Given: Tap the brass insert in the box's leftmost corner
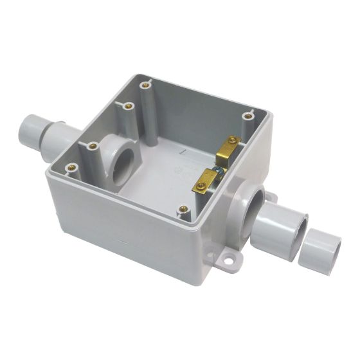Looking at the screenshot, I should [x=71, y=168].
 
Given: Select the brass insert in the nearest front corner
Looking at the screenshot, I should [x=184, y=208].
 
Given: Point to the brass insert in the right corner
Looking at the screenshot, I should [x=249, y=116].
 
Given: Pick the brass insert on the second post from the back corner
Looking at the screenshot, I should [x=128, y=104].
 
